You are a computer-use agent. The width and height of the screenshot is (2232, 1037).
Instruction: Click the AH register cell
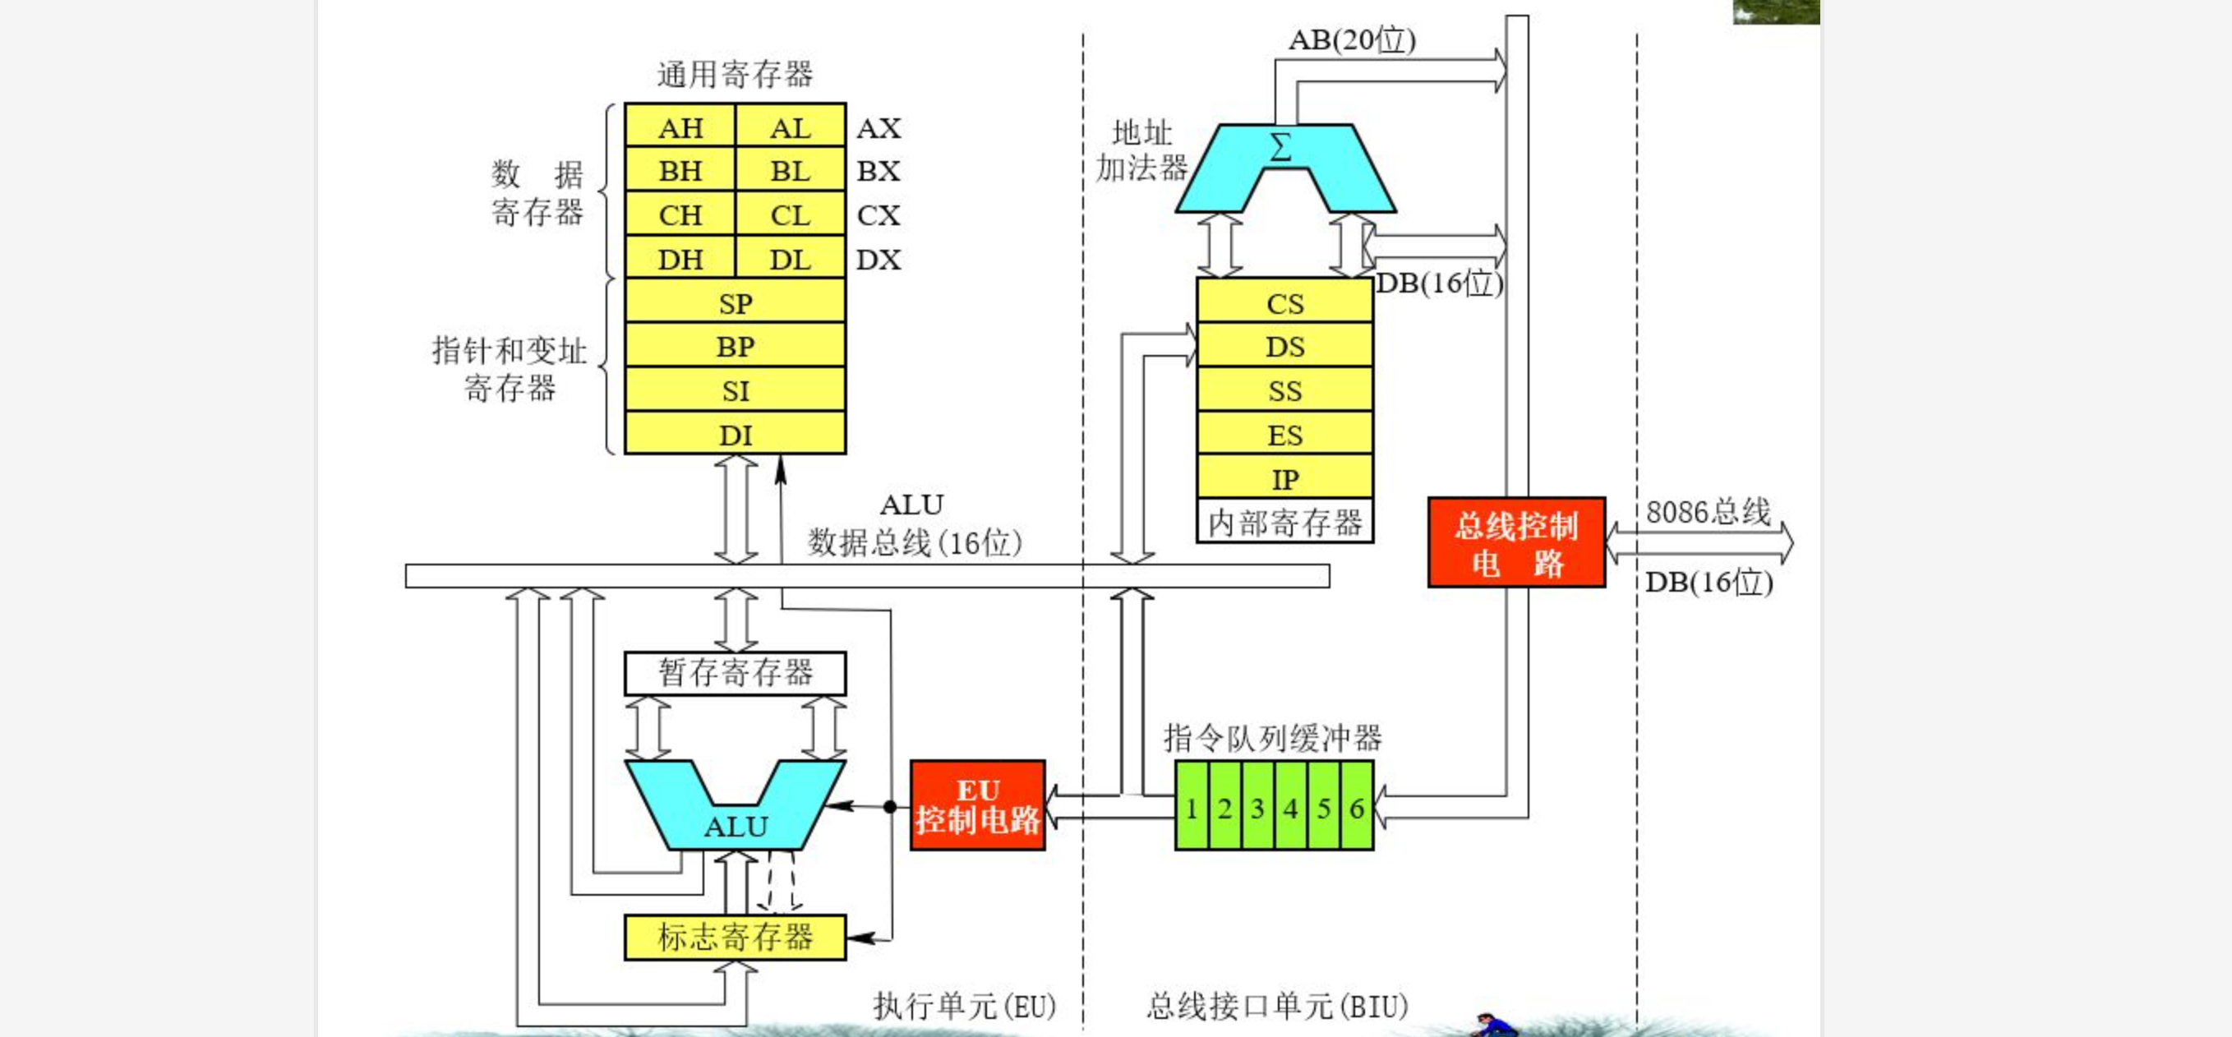click(680, 127)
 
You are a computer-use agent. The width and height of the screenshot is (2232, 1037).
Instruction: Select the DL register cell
click(791, 259)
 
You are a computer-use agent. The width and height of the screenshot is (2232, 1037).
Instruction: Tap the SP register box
click(735, 303)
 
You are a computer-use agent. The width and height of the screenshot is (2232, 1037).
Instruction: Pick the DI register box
click(735, 434)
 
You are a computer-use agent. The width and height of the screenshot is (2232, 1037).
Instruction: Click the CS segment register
click(1284, 303)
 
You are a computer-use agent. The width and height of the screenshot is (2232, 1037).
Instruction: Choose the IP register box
click(1284, 478)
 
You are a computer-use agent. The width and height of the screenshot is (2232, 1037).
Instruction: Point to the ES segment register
click(1284, 434)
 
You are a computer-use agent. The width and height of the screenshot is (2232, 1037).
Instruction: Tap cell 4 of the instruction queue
click(1290, 808)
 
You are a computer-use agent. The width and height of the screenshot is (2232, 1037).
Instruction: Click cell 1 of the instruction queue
click(1192, 808)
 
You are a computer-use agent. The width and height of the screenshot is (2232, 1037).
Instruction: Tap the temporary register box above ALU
click(735, 673)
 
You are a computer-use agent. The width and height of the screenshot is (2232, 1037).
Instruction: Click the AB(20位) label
click(1352, 39)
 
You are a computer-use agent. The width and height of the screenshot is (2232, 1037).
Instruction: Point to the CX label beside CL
click(879, 214)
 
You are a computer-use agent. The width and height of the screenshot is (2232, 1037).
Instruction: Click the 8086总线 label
click(1708, 511)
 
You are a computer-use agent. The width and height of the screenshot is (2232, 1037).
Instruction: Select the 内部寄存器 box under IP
click(1284, 523)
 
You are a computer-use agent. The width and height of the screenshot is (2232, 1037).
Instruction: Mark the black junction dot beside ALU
click(890, 807)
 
